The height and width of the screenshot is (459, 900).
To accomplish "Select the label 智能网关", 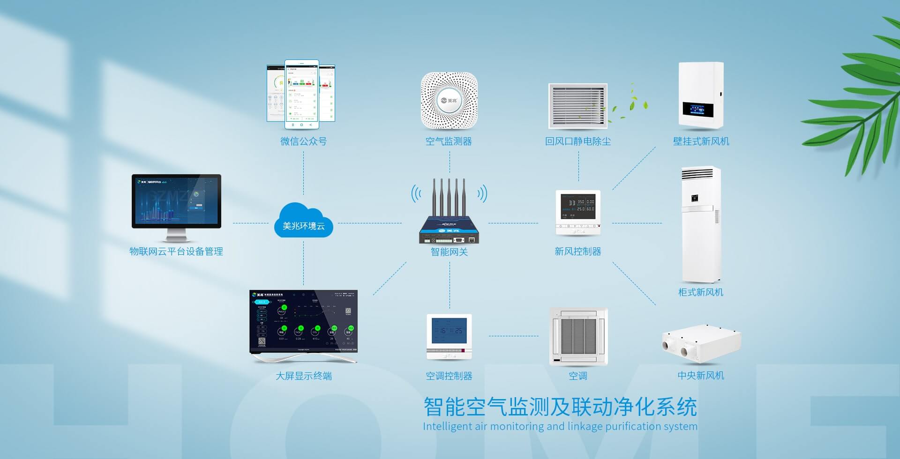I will coord(449,252).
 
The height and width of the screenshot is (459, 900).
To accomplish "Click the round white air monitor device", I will coord(449,100).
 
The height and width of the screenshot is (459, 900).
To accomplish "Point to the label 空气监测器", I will coord(449,141).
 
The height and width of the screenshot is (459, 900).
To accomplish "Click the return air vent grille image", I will coord(577,106).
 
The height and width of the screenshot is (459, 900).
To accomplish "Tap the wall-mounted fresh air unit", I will coord(701,96).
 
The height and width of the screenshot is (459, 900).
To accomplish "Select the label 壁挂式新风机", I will coord(701,141).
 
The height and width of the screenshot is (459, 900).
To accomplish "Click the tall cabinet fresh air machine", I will coord(700,225).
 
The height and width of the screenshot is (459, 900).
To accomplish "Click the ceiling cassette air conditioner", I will coord(578,336).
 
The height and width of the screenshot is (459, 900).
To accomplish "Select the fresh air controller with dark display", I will coord(577,212).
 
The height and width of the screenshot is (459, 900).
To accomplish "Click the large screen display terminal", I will coord(303,323).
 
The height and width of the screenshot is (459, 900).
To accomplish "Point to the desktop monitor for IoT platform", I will coord(176,202).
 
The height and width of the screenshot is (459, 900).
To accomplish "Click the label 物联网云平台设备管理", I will coord(176,252).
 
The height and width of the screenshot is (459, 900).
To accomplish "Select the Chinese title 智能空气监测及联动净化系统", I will coord(560,407).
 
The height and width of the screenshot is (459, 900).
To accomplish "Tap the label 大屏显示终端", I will coord(304,376).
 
